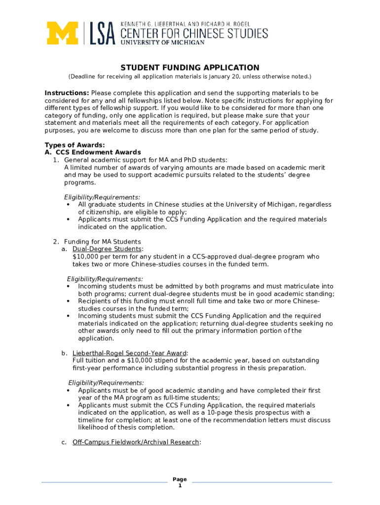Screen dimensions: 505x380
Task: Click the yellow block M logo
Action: tap(63, 34)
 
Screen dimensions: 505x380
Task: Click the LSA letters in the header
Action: tap(102, 34)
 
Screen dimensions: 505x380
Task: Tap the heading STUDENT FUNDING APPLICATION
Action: tap(190, 68)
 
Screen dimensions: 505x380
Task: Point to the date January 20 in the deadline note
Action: tap(223, 77)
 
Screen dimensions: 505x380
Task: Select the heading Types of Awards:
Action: tap(75, 145)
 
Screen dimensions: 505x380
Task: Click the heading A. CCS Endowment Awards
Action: tap(93, 152)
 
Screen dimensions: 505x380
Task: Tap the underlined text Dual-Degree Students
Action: tap(107, 249)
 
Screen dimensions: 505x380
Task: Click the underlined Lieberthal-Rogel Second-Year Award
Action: tap(129, 353)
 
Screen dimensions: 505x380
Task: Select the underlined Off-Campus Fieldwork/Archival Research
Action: tap(136, 442)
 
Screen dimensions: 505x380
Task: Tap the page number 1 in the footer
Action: tap(180, 486)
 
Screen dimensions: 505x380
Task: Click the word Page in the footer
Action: tap(180, 479)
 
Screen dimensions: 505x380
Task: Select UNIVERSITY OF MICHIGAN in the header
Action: tap(162, 43)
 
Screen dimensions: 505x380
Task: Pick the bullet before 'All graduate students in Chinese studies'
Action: tap(68, 205)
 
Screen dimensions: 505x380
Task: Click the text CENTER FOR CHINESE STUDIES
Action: tap(194, 34)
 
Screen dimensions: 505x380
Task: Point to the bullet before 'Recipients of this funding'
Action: tap(68, 301)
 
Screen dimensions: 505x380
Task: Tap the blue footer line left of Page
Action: tap(104, 482)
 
